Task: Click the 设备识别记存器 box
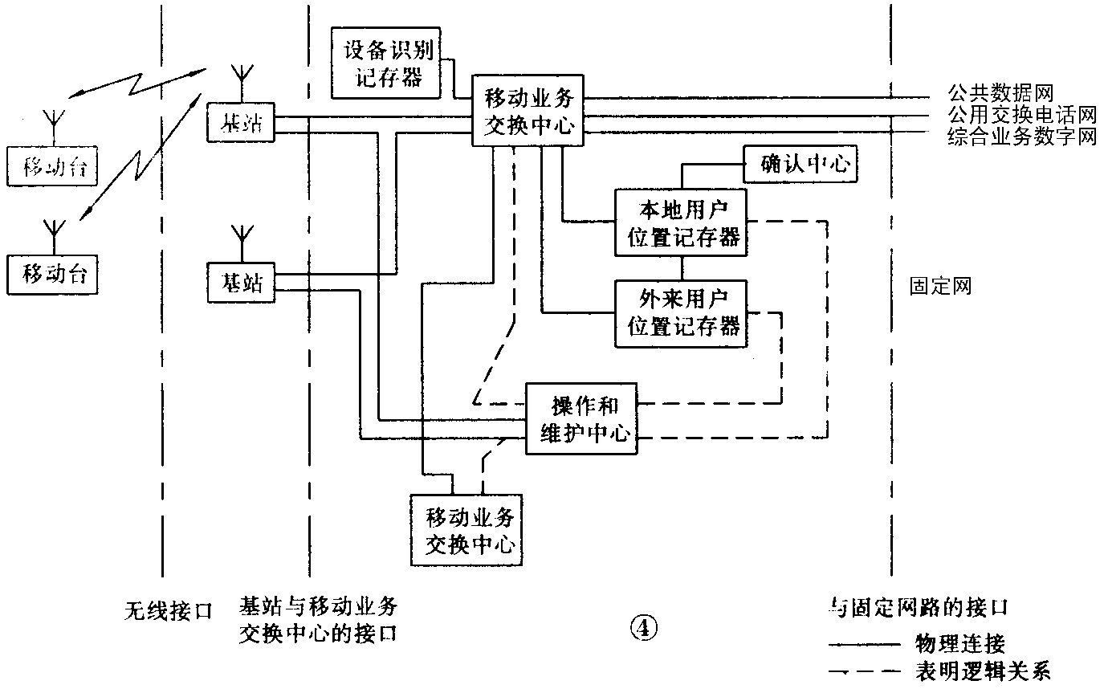389,63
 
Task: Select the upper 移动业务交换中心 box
529,112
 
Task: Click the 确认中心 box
800,165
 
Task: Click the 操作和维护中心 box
581,418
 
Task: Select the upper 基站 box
241,124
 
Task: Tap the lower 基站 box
241,283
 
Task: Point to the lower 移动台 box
54,275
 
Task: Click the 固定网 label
940,285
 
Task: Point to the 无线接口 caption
168,610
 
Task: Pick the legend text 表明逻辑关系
982,671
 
